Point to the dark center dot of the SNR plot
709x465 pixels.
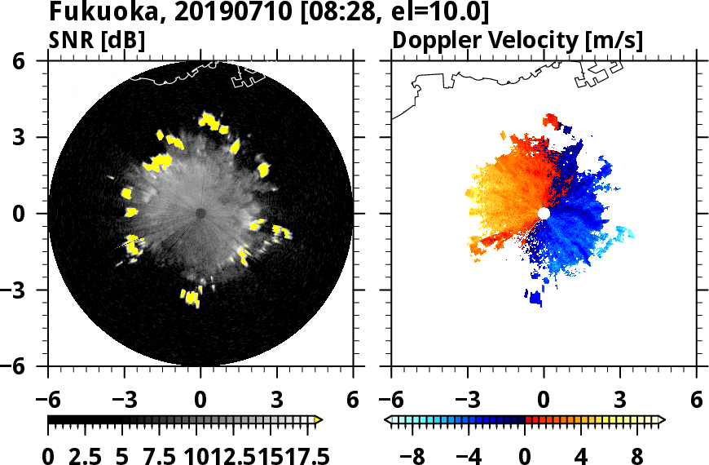tap(200, 213)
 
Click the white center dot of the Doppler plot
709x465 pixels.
tap(544, 213)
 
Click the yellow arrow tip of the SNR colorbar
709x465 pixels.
tap(319, 420)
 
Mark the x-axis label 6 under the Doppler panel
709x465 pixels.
tap(696, 401)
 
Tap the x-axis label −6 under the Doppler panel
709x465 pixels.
tap(391, 401)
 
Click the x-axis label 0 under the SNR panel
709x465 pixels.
tap(200, 401)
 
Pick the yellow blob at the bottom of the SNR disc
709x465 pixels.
tap(192, 297)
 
